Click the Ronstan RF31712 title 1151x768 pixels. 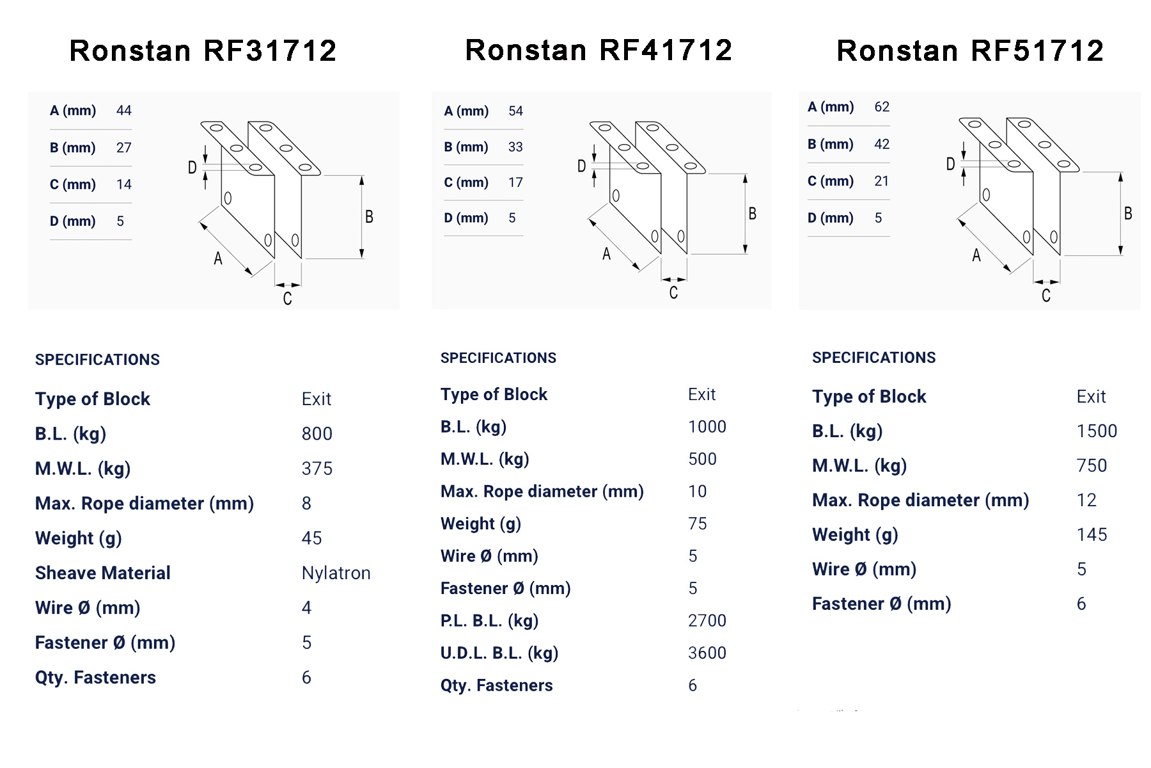(x=203, y=51)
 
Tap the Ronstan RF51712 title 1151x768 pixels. (x=970, y=51)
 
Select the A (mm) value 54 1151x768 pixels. (x=515, y=111)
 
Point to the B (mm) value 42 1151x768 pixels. (x=882, y=144)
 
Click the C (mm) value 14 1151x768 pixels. (x=124, y=185)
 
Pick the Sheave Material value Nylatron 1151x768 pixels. (x=336, y=573)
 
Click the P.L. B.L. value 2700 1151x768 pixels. (x=707, y=620)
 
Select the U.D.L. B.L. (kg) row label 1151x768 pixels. (x=499, y=653)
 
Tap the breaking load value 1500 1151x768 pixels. (x=1097, y=431)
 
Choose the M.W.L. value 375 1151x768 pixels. (x=317, y=468)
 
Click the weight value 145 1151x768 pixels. (x=1092, y=534)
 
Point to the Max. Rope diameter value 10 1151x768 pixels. (x=697, y=492)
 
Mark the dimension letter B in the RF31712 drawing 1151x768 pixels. (x=369, y=217)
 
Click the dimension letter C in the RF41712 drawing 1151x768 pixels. (x=673, y=293)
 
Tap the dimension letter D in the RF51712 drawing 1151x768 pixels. (x=950, y=164)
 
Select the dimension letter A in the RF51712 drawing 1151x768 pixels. (x=976, y=256)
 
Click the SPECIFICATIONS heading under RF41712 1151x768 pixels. (x=498, y=358)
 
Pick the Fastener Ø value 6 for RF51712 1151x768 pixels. (x=1081, y=604)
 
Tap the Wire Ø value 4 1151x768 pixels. (x=306, y=607)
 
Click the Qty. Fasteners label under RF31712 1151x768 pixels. (x=95, y=677)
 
